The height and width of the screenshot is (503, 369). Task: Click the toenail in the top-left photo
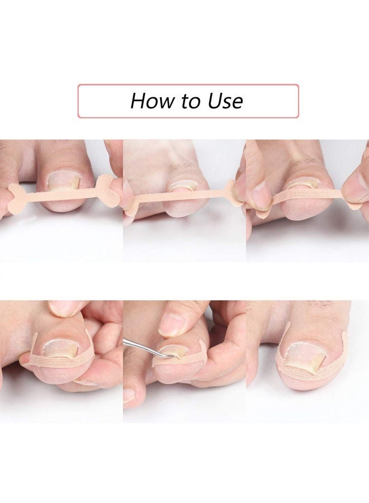[63, 179]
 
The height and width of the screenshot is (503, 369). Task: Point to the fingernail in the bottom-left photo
[64, 307]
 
